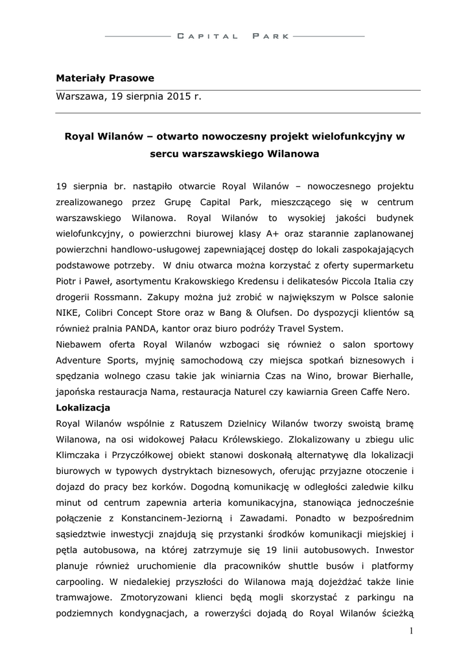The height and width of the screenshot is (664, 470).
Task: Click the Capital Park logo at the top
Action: point(234,36)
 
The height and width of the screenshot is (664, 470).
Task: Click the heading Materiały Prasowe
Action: point(105,78)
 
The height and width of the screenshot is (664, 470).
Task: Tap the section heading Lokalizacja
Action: point(83,408)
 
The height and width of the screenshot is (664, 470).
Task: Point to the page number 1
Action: point(410,631)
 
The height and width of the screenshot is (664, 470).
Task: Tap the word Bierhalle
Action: point(392,377)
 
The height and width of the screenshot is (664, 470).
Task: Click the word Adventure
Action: point(78,361)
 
